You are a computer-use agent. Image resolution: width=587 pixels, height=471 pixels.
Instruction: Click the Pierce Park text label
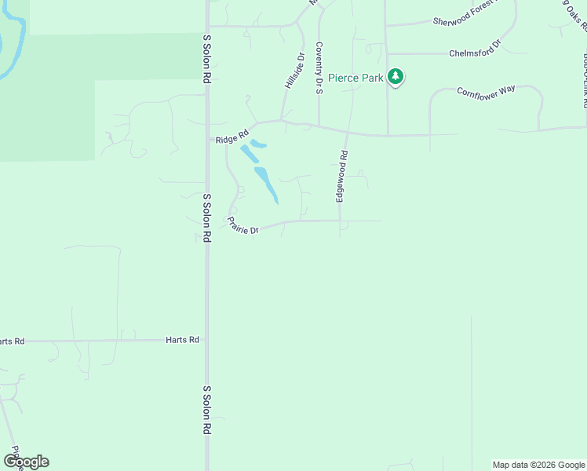click(x=355, y=77)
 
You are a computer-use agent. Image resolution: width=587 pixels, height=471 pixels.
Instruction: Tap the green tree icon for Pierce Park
click(x=396, y=77)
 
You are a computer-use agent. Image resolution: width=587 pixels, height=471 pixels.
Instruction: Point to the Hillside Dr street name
click(x=293, y=71)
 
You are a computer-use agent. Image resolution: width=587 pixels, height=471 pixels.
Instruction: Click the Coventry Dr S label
click(x=319, y=68)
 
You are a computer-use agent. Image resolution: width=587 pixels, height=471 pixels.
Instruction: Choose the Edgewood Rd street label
click(x=341, y=177)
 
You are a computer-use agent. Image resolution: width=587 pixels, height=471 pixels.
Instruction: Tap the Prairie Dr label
click(x=243, y=226)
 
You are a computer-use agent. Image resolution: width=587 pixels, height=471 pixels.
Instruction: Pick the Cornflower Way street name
click(x=487, y=90)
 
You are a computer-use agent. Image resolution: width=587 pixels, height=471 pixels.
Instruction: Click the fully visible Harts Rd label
click(x=182, y=340)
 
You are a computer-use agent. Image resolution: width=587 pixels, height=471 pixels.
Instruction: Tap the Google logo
click(x=26, y=462)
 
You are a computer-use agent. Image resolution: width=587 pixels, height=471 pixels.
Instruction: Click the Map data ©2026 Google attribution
click(x=538, y=465)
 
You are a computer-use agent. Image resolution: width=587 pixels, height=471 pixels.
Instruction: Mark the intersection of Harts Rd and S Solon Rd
click(x=207, y=340)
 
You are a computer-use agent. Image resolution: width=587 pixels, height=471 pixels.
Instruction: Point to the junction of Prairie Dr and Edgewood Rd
click(x=341, y=221)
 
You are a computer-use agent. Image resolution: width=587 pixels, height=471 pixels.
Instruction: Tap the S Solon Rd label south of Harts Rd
click(x=207, y=410)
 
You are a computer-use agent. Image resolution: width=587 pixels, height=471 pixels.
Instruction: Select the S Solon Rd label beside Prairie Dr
click(x=207, y=217)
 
